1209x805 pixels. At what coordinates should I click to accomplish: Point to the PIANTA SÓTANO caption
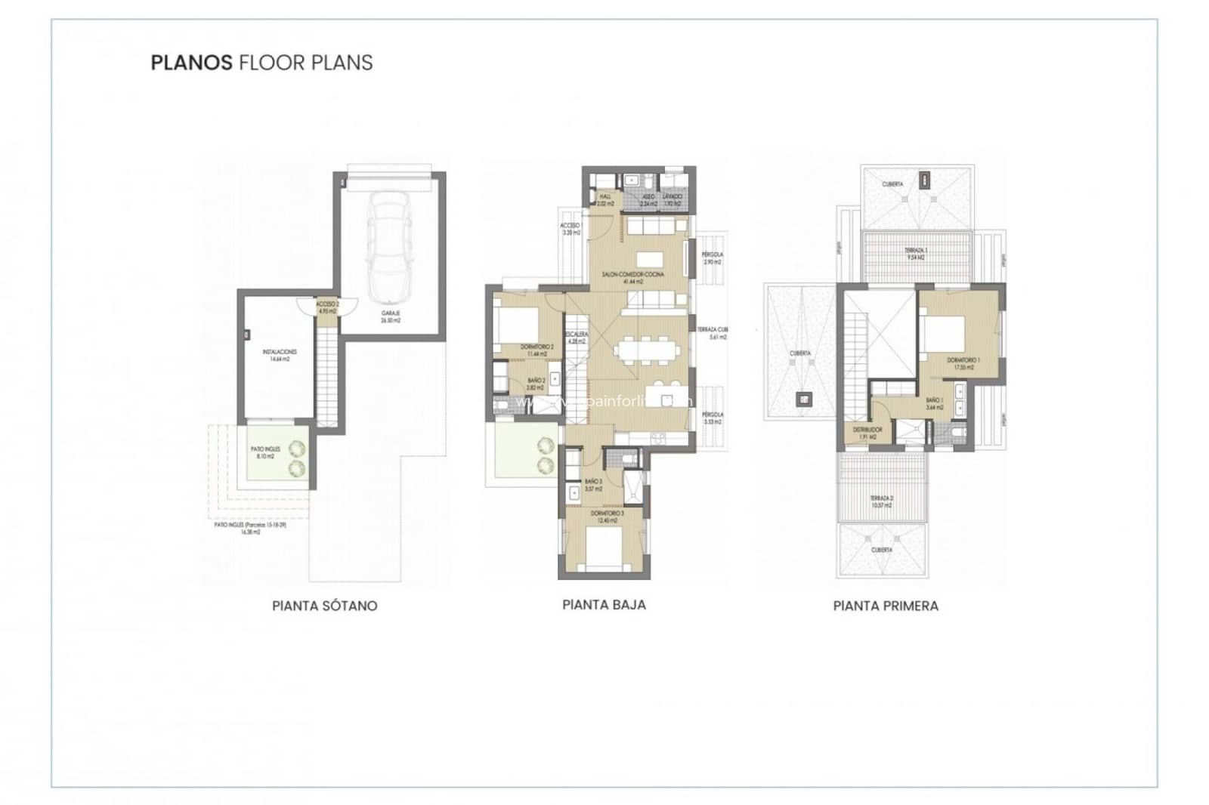pyautogui.click(x=324, y=606)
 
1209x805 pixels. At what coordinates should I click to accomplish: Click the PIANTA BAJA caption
pyautogui.click(x=604, y=604)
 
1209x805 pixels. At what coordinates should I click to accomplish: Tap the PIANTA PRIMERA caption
pyautogui.click(x=886, y=606)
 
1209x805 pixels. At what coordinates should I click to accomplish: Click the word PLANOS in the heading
pyautogui.click(x=191, y=62)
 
